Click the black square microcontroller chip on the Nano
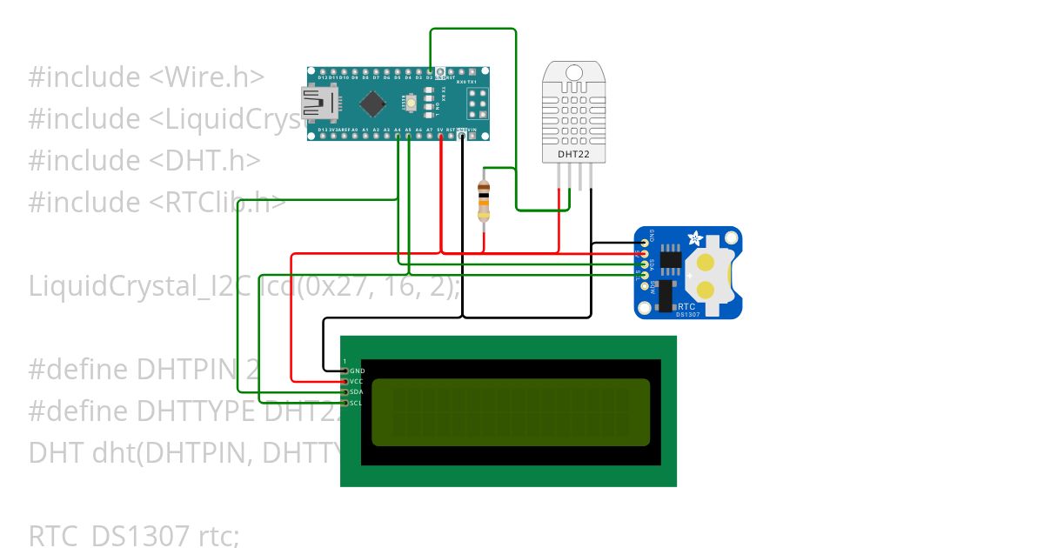(373, 104)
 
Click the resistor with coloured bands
(485, 201)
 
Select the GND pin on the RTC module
(645, 243)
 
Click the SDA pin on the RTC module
(645, 264)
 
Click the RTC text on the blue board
(686, 306)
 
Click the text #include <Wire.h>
(146, 77)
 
